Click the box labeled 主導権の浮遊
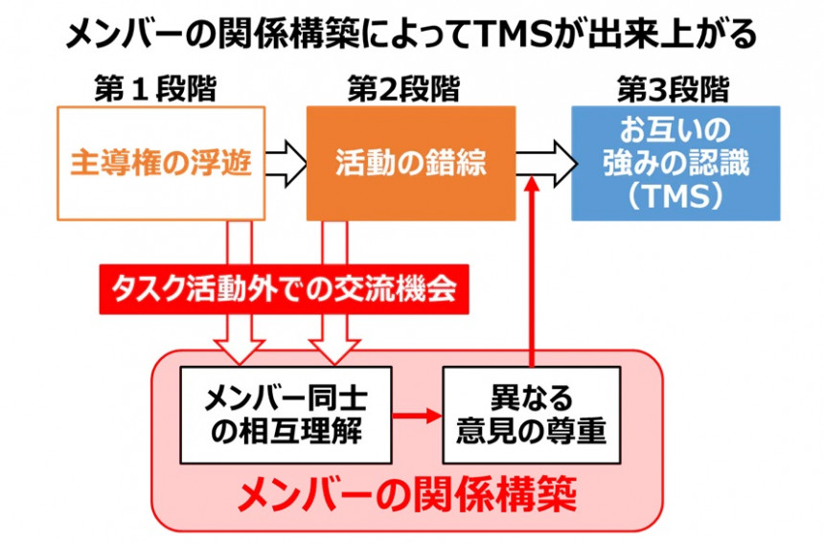coord(161,163)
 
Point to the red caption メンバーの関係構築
coord(407,495)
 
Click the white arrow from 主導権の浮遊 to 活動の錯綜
coord(286,163)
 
